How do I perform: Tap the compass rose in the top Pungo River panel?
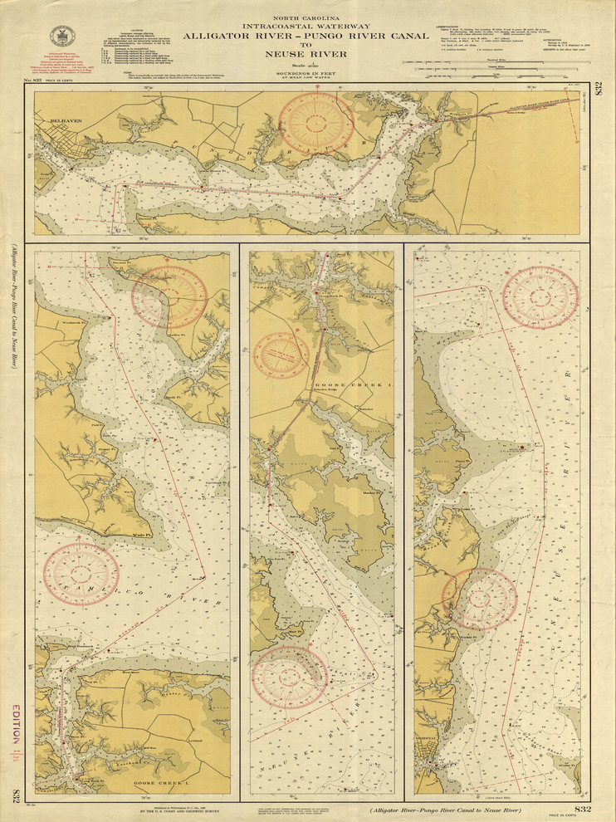pos(315,123)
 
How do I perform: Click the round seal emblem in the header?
pos(61,36)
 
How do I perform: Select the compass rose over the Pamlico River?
pos(81,574)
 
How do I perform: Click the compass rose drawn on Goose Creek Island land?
pos(281,355)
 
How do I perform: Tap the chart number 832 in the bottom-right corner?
pos(584,809)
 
